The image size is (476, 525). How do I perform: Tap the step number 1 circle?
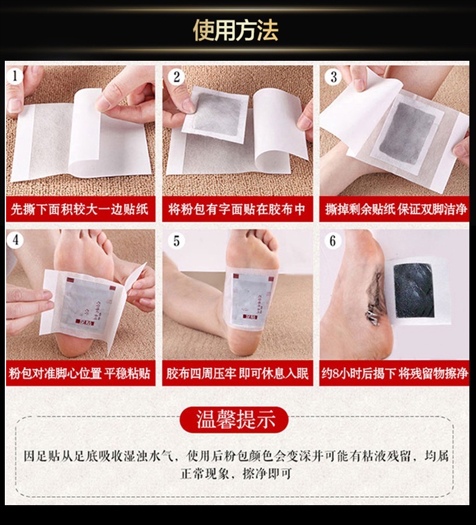[16, 76]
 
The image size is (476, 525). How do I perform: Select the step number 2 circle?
[177, 76]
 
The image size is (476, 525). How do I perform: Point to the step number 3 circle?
[334, 76]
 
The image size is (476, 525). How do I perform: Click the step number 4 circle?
[16, 240]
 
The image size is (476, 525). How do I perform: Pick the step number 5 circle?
[177, 241]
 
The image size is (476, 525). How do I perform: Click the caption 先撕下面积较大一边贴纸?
[80, 210]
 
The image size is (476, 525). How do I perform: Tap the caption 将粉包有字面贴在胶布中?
[237, 210]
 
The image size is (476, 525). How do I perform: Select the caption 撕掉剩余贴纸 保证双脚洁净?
[396, 210]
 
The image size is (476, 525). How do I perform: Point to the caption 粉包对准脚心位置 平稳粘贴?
[80, 373]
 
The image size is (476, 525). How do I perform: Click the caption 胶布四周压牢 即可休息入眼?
[237, 373]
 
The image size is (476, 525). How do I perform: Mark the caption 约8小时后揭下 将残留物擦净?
[396, 373]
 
